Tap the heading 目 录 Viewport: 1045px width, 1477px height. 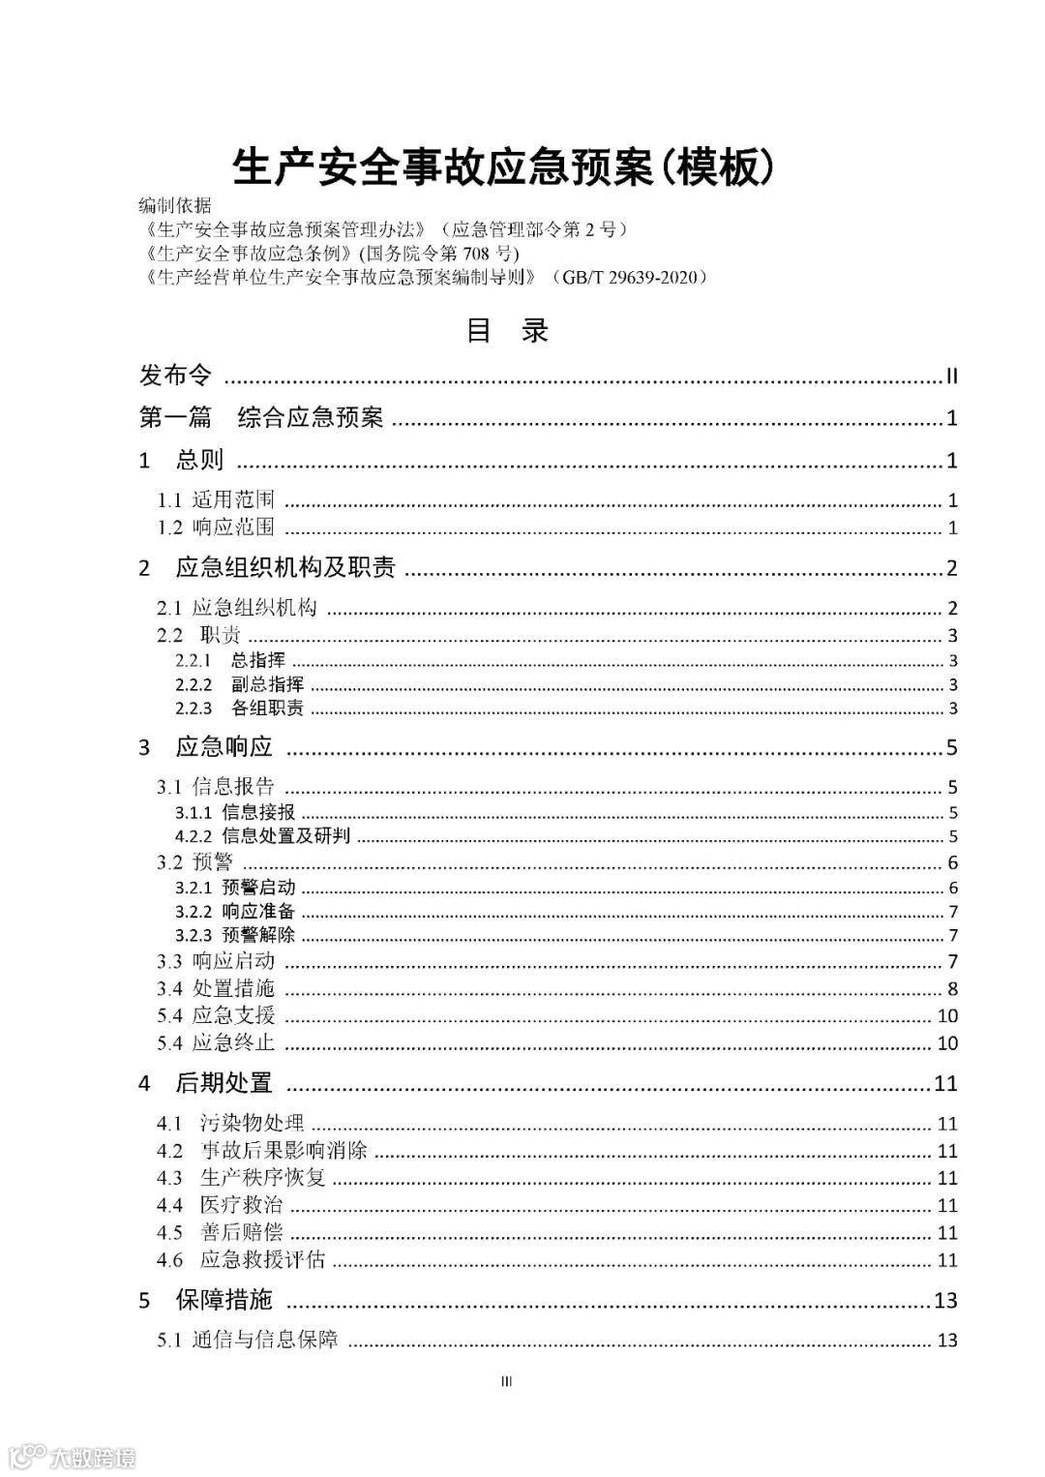point(507,331)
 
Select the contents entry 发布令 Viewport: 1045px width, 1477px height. point(175,376)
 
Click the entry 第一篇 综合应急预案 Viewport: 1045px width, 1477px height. point(261,417)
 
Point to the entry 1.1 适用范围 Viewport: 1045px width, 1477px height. point(217,500)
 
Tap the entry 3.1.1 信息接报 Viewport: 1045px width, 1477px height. point(235,813)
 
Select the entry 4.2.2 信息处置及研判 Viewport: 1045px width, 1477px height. point(262,836)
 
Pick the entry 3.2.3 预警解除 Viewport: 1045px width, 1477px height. point(235,935)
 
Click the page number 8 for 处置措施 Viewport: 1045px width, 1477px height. point(952,988)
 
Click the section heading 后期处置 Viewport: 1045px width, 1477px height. point(224,1083)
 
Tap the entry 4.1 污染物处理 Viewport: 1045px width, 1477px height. point(230,1124)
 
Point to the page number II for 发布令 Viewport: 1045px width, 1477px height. point(951,377)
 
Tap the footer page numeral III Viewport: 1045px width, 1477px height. point(506,1381)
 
